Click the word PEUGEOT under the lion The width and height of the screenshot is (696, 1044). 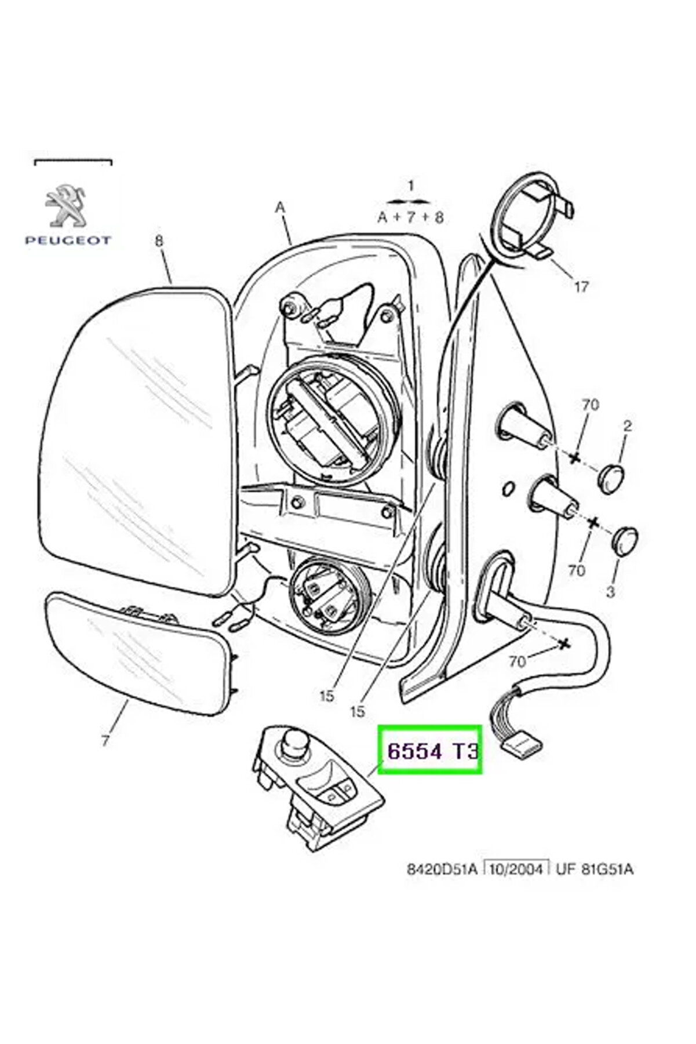click(68, 240)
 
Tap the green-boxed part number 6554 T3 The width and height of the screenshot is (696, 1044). click(431, 751)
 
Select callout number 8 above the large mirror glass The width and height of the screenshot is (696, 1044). click(160, 243)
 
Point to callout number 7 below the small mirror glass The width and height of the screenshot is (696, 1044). click(105, 740)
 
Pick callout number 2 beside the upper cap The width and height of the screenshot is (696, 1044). click(627, 426)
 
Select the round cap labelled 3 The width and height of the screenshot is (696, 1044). click(625, 540)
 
